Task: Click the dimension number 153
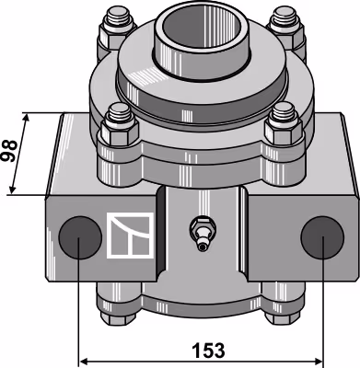pyautogui.click(x=208, y=351)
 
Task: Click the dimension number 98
pyautogui.click(x=9, y=151)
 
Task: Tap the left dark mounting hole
pyautogui.click(x=80, y=237)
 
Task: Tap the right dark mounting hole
pyautogui.click(x=322, y=237)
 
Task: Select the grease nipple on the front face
pyautogui.click(x=202, y=234)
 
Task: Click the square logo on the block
pyautogui.click(x=130, y=236)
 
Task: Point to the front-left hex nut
pyautogui.click(x=120, y=132)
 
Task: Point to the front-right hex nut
pyautogui.click(x=283, y=132)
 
